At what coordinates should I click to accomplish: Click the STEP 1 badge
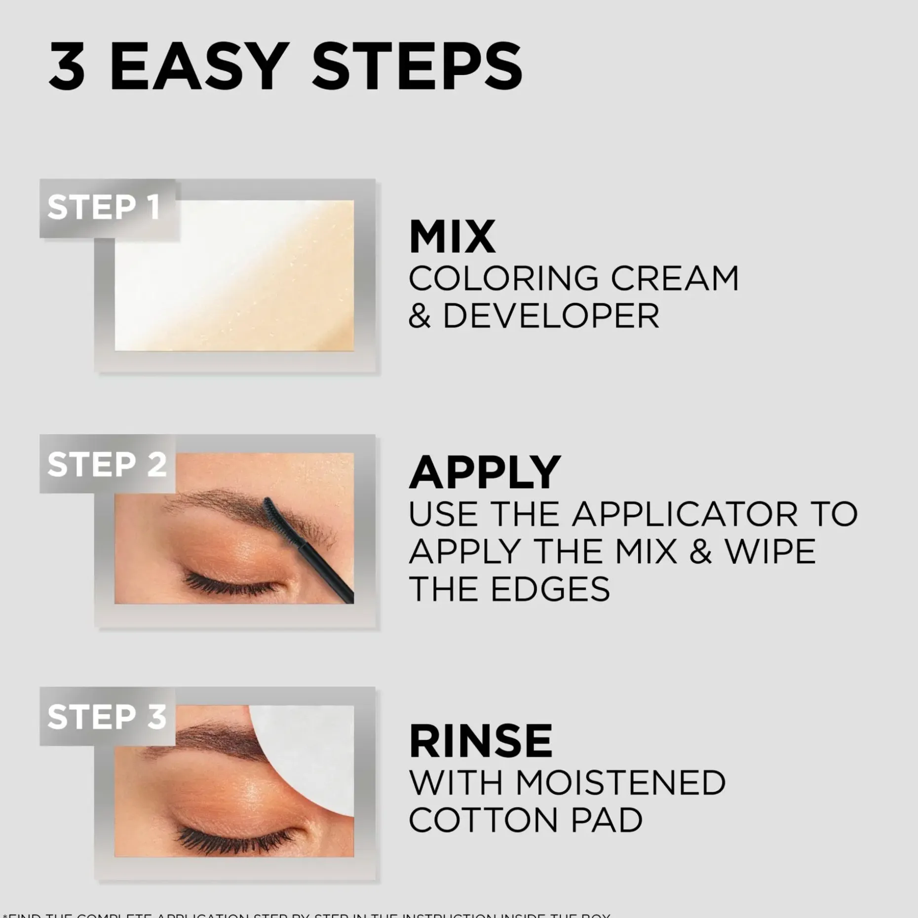(x=105, y=207)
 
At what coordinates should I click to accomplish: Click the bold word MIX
(x=452, y=237)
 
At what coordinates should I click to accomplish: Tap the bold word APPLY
(x=485, y=472)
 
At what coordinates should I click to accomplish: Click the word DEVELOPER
(x=551, y=316)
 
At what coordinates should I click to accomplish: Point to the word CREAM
(x=675, y=278)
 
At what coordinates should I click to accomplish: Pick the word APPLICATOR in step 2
(x=685, y=514)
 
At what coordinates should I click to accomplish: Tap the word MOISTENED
(x=621, y=783)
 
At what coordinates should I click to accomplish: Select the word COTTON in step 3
(x=483, y=820)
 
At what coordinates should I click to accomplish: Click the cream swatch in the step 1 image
(x=234, y=275)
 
